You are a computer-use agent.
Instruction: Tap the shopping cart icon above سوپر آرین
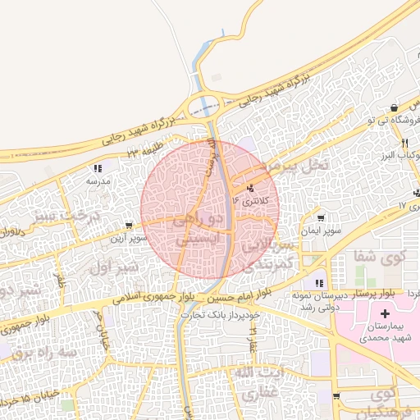click(x=129, y=225)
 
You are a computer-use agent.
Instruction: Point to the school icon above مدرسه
click(x=98, y=169)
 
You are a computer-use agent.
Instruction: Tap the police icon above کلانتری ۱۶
click(x=251, y=187)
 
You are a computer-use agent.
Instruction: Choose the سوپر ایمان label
click(x=319, y=232)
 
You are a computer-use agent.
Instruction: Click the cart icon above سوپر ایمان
click(x=320, y=219)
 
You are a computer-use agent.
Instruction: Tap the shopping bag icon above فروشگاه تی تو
click(x=395, y=107)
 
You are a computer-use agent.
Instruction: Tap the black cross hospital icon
click(x=385, y=314)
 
